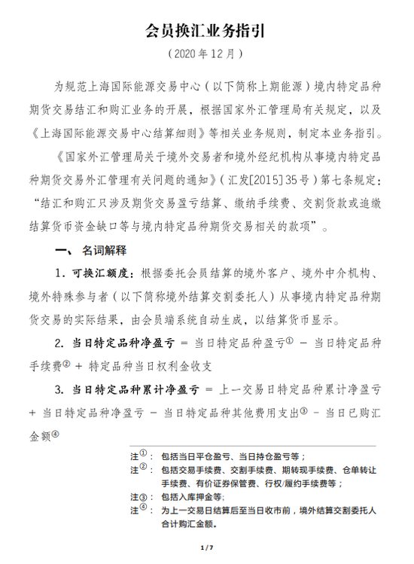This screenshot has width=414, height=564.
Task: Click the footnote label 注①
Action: point(139,456)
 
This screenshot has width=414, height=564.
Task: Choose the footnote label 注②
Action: point(139,469)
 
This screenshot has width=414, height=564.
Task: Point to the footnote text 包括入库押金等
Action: point(192,497)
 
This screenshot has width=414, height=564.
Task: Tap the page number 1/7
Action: point(207,545)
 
